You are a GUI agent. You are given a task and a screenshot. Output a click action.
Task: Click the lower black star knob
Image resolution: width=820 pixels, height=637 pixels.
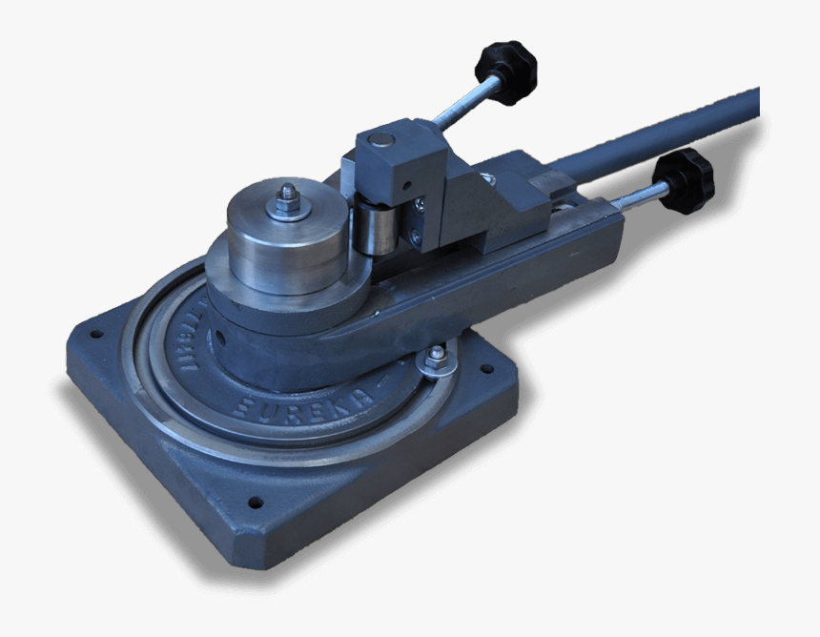684,178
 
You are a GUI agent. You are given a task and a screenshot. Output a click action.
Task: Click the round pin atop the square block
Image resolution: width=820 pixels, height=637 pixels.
381,140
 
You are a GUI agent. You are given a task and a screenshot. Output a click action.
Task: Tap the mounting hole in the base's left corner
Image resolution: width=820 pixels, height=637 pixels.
95,335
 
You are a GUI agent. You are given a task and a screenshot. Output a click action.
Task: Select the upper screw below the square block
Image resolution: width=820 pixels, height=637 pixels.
417,203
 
